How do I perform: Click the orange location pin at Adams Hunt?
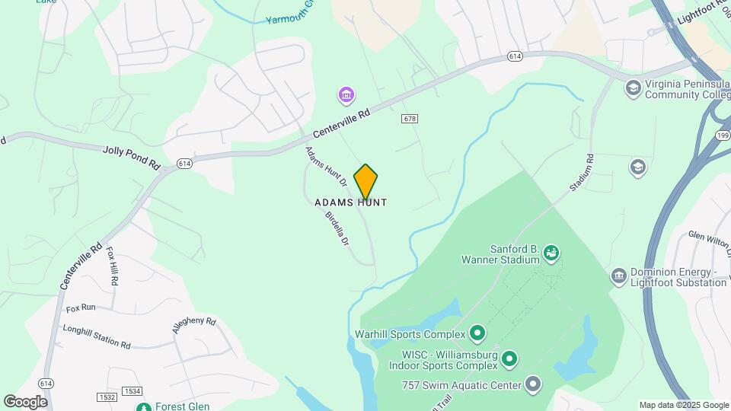point(365,181)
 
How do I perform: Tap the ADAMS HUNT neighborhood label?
point(351,202)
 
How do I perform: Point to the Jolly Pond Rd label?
point(132,157)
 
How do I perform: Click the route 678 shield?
point(410,119)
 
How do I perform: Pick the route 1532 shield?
point(107,397)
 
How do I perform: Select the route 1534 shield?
point(132,391)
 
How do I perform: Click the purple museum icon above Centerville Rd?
point(346,96)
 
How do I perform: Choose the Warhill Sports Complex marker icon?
point(477,333)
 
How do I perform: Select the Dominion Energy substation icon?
point(619,274)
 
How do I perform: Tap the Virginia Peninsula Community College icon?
point(632,88)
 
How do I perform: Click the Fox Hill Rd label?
point(112,266)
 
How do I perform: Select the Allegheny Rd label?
point(194,326)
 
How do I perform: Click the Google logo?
point(25,401)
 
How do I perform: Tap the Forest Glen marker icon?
point(143,406)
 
